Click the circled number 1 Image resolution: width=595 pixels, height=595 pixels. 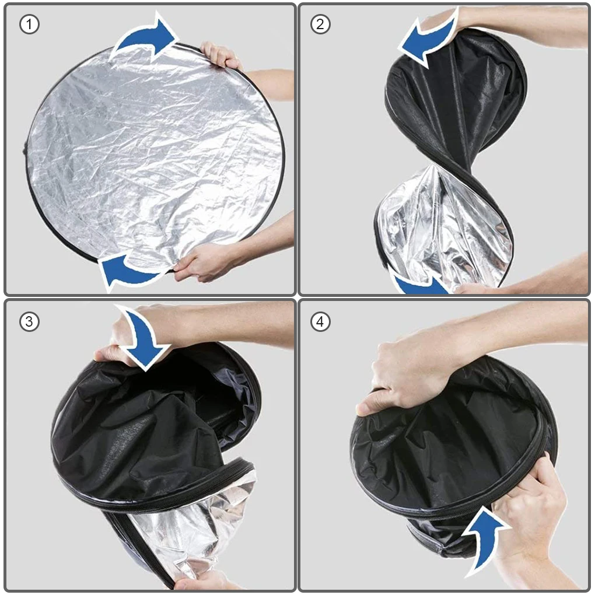coord(29,24)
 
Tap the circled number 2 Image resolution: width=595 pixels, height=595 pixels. coord(320,24)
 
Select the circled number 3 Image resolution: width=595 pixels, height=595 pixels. coord(29,322)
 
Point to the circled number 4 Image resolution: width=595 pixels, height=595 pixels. coord(320,322)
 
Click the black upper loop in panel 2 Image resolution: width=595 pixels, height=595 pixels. coord(456,95)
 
